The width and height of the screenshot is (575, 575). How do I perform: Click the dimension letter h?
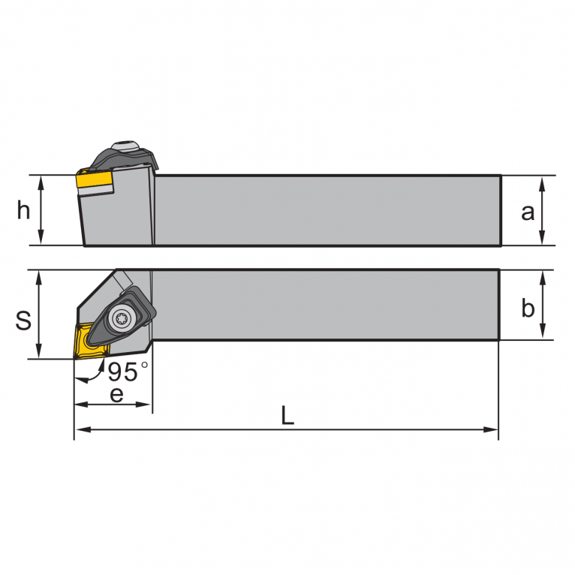click(23, 211)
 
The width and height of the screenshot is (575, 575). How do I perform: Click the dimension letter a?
click(528, 212)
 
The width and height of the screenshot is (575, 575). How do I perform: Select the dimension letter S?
click(23, 320)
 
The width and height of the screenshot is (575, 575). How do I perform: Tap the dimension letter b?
click(528, 308)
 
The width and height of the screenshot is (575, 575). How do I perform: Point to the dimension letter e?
click(116, 396)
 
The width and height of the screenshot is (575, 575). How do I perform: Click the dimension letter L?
click(287, 415)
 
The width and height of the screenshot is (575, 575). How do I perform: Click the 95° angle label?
click(128, 372)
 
